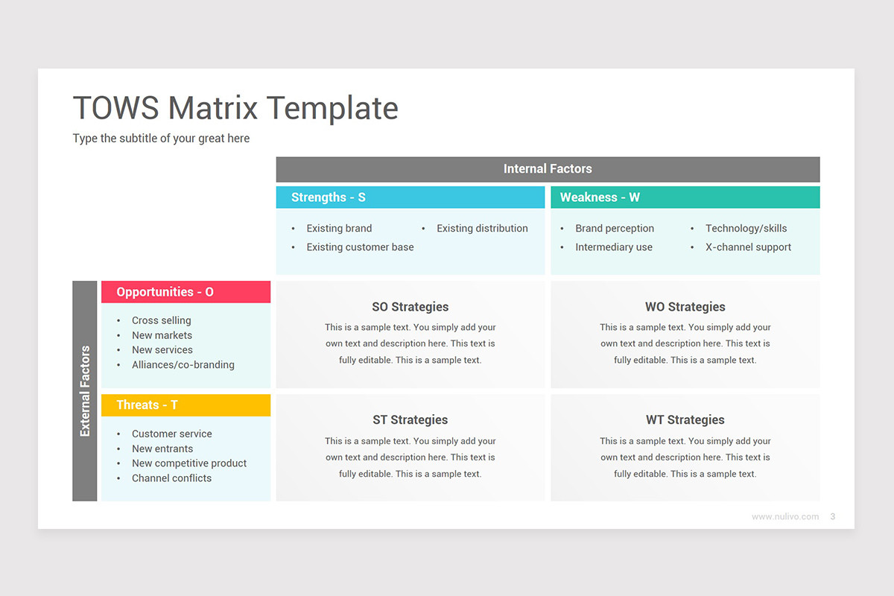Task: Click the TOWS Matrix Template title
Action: [235, 108]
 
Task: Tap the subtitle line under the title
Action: [161, 139]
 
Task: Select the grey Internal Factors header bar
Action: [548, 169]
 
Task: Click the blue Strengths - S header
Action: [410, 197]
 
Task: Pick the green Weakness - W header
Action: [685, 197]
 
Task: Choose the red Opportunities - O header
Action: [186, 292]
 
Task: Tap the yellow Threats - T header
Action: [186, 405]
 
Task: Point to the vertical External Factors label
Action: [85, 390]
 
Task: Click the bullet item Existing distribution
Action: [482, 229]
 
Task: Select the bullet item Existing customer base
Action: [360, 247]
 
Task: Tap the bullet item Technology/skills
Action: [746, 229]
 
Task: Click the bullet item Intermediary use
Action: [614, 247]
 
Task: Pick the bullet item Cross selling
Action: [162, 320]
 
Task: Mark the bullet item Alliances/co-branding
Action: [183, 365]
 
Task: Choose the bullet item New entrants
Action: [162, 448]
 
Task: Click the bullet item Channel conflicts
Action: [171, 478]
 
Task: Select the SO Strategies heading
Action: [410, 307]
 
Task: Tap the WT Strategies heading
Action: [685, 420]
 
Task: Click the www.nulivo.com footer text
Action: [785, 516]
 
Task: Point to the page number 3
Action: [832, 516]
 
